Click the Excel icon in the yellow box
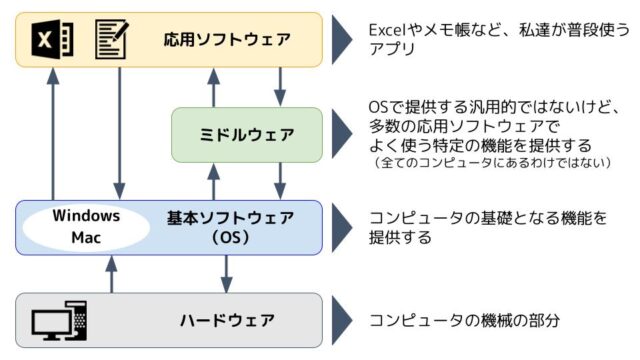point(52,40)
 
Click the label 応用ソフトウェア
point(227,40)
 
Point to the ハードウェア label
point(227,320)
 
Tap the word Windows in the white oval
point(87,217)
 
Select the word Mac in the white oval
point(87,239)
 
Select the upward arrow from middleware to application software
point(211,87)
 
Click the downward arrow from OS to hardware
point(226,272)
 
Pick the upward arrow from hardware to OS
point(110,272)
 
